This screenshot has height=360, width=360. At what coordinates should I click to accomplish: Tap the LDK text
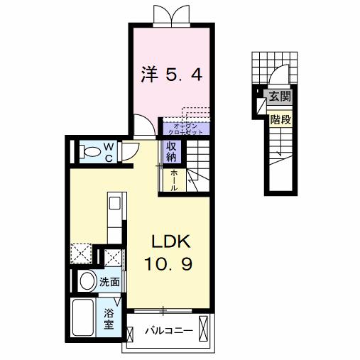169,240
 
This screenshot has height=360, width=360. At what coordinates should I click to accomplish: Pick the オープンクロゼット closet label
186,129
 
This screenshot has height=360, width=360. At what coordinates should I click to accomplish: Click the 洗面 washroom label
109,281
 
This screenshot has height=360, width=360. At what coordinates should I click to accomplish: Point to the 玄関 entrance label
278,95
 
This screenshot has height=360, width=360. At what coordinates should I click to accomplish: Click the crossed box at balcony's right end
204,329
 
